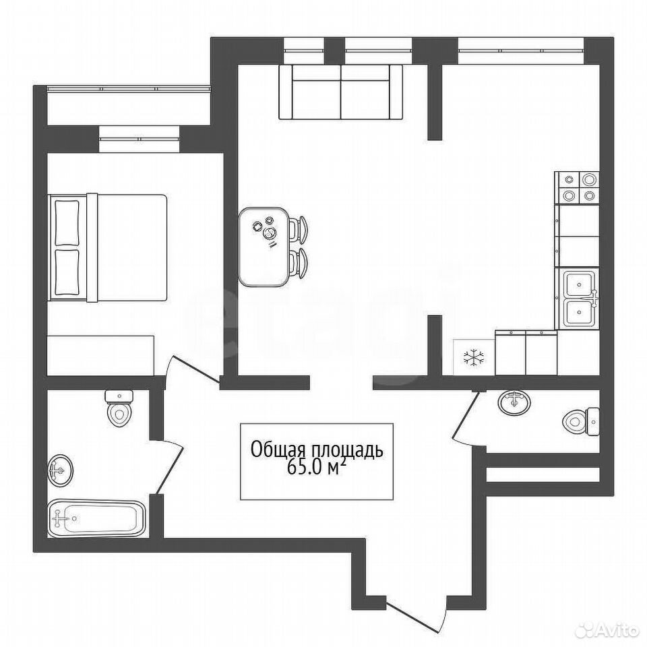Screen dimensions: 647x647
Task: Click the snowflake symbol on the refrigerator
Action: click(474, 358)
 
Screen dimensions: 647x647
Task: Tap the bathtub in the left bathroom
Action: click(96, 518)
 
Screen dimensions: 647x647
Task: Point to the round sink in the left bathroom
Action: click(60, 471)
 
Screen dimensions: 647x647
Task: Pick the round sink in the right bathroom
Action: click(514, 402)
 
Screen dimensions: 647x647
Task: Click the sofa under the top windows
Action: click(340, 92)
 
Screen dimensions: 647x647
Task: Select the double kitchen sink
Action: click(578, 298)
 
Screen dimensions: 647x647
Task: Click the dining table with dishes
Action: click(264, 247)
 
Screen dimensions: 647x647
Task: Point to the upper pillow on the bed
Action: click(67, 223)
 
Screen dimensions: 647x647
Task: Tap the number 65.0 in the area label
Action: click(303, 468)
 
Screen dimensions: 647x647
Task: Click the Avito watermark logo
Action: click(610, 630)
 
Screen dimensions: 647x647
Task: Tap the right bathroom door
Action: click(469, 418)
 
